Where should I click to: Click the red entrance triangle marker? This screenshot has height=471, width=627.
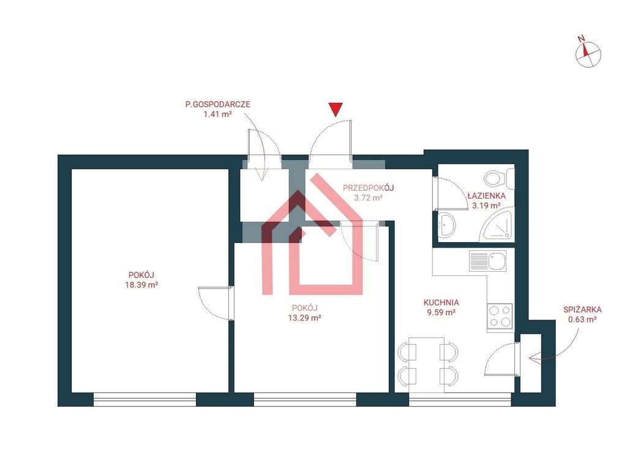point(336,109)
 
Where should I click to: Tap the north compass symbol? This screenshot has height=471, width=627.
point(588,53)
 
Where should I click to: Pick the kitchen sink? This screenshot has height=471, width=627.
point(487,261)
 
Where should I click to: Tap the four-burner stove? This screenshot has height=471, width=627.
point(500,316)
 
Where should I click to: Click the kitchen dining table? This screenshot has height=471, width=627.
point(427,364)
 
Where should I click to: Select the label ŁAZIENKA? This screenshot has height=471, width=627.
point(486,196)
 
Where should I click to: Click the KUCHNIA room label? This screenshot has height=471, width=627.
point(441,302)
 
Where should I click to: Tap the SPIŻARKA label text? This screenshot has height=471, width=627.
point(582,309)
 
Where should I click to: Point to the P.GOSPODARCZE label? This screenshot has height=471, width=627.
point(217,104)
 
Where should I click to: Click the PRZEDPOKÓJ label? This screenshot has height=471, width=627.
point(368,188)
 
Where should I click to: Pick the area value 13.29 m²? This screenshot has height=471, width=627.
point(305,318)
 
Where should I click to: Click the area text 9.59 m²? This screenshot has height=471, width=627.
point(441,312)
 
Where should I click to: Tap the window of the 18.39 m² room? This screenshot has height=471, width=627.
point(145,399)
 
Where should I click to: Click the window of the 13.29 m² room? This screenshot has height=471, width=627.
point(305,399)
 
